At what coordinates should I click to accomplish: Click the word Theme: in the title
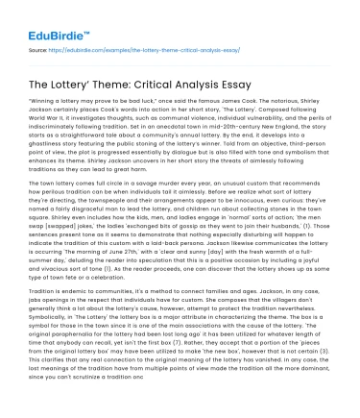point(107,76)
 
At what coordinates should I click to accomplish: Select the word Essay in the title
point(251,76)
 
